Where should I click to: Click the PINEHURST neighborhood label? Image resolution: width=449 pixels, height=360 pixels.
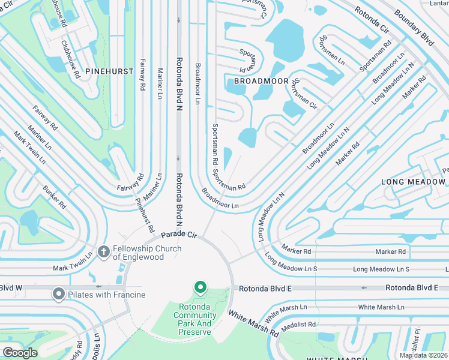[x=109, y=71]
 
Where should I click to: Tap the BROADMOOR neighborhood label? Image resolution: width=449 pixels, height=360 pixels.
[x=258, y=80]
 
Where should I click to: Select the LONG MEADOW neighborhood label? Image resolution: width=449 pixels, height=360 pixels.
[x=414, y=181]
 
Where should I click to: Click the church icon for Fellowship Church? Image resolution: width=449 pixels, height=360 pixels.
[x=103, y=252]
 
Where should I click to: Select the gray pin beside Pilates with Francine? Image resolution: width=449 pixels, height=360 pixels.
[x=58, y=294]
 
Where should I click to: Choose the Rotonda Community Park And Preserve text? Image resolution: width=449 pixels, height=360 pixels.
[x=193, y=319]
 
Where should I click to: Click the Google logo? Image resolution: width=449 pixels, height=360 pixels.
[x=20, y=352]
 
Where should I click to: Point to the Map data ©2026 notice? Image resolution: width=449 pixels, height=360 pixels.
[x=423, y=355]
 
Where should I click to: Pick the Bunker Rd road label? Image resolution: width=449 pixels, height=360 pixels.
[x=53, y=197]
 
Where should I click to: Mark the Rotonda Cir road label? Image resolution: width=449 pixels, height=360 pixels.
[x=370, y=20]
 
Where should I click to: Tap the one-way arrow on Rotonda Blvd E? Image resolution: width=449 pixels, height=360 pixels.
[x=364, y=288]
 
